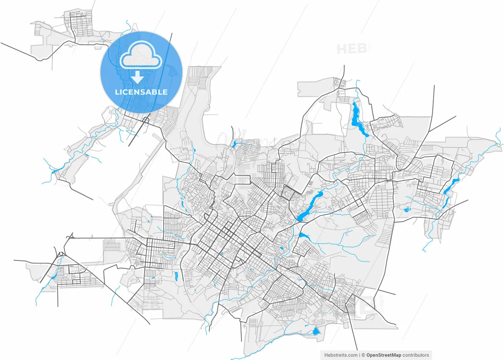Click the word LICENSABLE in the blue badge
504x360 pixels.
point(141,92)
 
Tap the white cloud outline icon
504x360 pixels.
point(141,59)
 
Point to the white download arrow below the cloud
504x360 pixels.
point(137,77)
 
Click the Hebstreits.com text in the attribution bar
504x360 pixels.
point(341,355)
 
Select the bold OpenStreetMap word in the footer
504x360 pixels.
point(384,355)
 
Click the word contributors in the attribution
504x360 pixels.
point(416,355)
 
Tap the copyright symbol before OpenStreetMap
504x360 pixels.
point(363,355)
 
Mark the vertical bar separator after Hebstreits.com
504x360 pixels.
point(359,355)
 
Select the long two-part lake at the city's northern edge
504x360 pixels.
point(359,118)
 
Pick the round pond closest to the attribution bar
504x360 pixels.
point(316,331)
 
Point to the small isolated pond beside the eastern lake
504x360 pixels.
point(407,210)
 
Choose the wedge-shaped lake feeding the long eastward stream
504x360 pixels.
point(304,236)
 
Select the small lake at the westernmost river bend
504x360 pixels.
point(54,172)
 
